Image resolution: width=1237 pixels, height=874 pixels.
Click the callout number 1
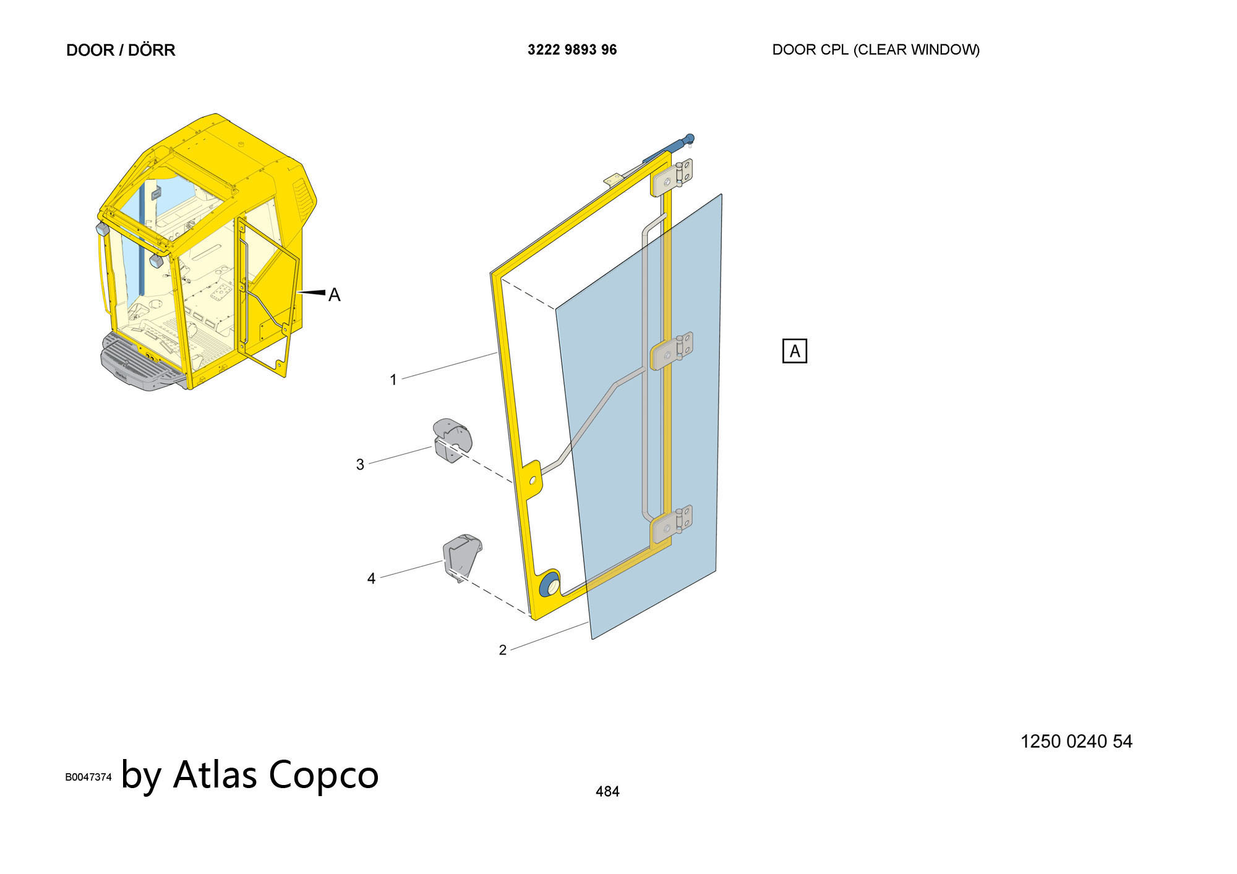pyautogui.click(x=393, y=380)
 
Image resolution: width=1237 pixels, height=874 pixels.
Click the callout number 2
pyautogui.click(x=503, y=650)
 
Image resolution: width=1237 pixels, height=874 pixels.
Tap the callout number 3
pyautogui.click(x=360, y=464)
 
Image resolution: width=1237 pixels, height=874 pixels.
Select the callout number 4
pyautogui.click(x=371, y=579)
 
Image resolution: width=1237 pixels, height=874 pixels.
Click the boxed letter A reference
pyautogui.click(x=795, y=351)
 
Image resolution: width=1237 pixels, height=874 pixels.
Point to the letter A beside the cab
pyautogui.click(x=334, y=295)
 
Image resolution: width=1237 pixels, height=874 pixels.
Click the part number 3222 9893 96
pyautogui.click(x=572, y=49)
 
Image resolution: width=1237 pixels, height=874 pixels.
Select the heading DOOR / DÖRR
pyautogui.click(x=121, y=50)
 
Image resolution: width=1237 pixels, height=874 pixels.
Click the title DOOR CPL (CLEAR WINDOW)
pyautogui.click(x=876, y=49)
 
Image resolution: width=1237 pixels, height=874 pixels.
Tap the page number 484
pyautogui.click(x=607, y=791)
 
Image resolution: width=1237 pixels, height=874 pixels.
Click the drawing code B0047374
pyautogui.click(x=88, y=777)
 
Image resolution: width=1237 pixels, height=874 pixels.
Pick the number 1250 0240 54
pyautogui.click(x=1076, y=741)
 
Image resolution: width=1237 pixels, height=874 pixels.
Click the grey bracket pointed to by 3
pyautogui.click(x=452, y=439)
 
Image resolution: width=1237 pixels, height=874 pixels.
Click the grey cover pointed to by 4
pyautogui.click(x=462, y=558)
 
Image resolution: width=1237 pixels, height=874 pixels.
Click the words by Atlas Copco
pyautogui.click(x=250, y=774)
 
